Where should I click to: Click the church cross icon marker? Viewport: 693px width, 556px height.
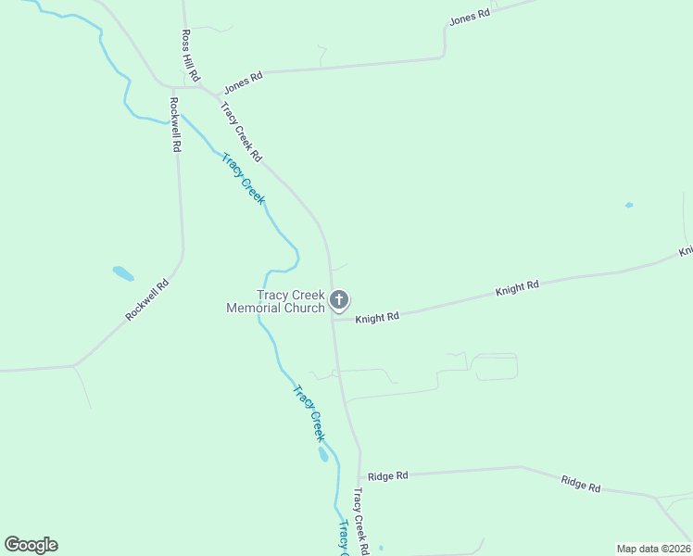(339, 299)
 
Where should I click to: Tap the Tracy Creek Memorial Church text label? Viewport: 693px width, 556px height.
(276, 301)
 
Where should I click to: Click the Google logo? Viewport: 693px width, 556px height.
(31, 545)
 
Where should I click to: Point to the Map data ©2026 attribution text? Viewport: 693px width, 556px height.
(653, 549)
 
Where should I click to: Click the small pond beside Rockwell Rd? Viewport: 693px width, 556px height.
(122, 273)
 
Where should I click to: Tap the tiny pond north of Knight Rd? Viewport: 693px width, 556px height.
(629, 205)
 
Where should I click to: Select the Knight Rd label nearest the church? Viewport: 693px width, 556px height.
(377, 317)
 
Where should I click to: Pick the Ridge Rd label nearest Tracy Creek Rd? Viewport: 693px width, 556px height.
(387, 475)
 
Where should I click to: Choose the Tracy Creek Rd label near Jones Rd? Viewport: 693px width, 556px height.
(241, 132)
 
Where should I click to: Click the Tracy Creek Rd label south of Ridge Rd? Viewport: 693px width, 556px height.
(360, 523)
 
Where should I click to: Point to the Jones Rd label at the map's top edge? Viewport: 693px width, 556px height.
(469, 18)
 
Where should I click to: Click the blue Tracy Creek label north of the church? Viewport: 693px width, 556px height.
(244, 178)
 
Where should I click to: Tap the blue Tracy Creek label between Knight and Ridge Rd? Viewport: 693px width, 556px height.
(309, 412)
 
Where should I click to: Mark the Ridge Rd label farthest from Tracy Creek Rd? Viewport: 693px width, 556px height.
(581, 483)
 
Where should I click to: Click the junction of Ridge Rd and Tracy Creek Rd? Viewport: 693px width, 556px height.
(359, 474)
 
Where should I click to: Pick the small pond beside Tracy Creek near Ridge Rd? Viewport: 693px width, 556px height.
(322, 454)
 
